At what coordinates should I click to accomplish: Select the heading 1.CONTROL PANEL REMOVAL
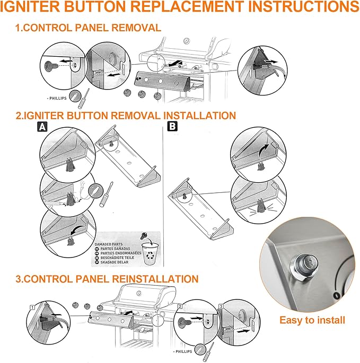(89, 27)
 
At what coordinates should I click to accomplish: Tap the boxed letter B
(172, 127)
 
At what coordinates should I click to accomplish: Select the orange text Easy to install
(312, 320)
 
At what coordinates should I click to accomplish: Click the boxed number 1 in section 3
(32, 307)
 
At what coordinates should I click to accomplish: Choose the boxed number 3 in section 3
(221, 306)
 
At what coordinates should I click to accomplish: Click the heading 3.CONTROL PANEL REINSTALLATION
(107, 279)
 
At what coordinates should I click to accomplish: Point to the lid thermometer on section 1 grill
(185, 41)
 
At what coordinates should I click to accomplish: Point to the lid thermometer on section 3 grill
(139, 293)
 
